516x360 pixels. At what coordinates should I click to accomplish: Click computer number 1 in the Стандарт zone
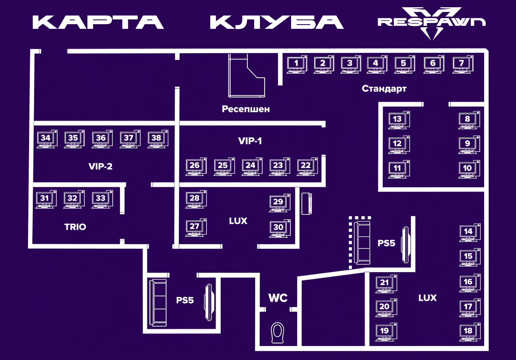pyautogui.click(x=297, y=64)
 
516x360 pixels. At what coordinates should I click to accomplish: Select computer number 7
pyautogui.click(x=463, y=64)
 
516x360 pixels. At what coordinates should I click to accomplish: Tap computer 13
pyautogui.click(x=399, y=120)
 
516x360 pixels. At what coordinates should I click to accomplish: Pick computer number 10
pyautogui.click(x=469, y=169)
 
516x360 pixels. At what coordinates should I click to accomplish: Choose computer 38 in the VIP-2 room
pyautogui.click(x=158, y=139)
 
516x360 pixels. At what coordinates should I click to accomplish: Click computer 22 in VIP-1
pyautogui.click(x=307, y=166)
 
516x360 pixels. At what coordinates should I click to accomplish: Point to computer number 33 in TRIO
pyautogui.click(x=102, y=199)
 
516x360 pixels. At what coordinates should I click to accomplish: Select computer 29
pyautogui.click(x=280, y=203)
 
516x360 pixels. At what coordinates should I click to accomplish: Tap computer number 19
pyautogui.click(x=386, y=332)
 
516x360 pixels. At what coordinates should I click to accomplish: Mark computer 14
pyautogui.click(x=470, y=233)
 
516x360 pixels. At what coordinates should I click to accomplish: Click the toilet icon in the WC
pyautogui.click(x=278, y=333)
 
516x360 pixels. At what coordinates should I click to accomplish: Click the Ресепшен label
pyautogui.click(x=246, y=109)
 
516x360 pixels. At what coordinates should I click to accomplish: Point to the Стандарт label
pyautogui.click(x=384, y=89)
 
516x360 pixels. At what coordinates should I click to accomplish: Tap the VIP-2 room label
pyautogui.click(x=100, y=166)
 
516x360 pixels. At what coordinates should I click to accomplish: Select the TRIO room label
pyautogui.click(x=75, y=227)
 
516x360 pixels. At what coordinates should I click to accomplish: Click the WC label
pyautogui.click(x=278, y=298)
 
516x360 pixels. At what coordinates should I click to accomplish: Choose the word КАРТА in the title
pyautogui.click(x=98, y=22)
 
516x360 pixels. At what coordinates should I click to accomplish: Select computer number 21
pyautogui.click(x=386, y=284)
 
